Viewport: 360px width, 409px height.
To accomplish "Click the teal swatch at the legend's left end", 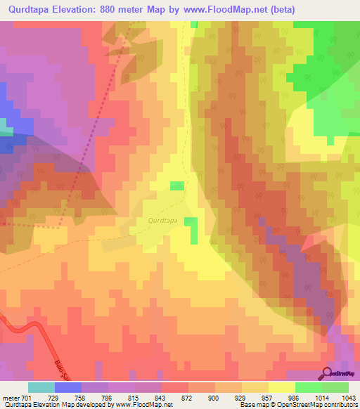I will tap(41, 387).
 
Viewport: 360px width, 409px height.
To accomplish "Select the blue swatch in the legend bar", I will tap(68, 387).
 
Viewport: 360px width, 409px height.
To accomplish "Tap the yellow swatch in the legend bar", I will tap(281, 387).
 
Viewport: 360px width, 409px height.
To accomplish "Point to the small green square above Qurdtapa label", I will tap(177, 186).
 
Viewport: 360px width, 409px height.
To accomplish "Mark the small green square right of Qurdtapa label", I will tap(191, 222).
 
